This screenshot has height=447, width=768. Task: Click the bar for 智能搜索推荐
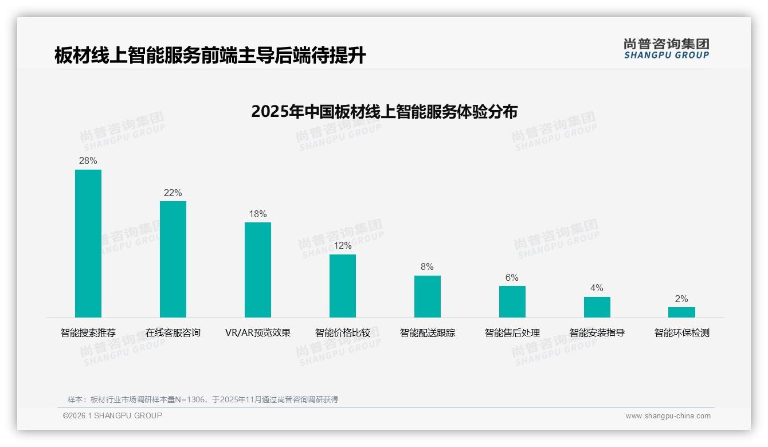click(88, 244)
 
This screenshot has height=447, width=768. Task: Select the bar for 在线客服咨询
click(173, 259)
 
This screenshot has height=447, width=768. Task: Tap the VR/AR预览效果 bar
click(258, 270)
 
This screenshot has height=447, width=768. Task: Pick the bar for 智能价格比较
click(343, 286)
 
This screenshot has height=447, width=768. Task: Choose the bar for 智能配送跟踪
click(428, 296)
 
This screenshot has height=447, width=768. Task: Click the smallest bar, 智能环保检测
click(681, 312)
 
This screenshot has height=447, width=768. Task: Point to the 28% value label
click(88, 161)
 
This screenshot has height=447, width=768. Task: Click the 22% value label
click(173, 193)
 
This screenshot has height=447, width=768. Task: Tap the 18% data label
click(258, 214)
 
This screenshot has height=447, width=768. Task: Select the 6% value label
click(512, 278)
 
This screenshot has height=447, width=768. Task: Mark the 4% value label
click(597, 288)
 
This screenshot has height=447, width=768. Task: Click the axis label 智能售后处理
click(512, 333)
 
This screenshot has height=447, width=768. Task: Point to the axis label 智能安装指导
click(597, 333)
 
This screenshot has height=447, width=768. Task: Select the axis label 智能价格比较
click(343, 333)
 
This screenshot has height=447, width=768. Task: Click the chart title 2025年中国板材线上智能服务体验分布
click(384, 111)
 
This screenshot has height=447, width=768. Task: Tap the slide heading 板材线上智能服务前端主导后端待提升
click(210, 56)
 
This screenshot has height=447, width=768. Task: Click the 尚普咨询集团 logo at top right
click(667, 49)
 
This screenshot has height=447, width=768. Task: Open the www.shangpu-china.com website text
click(668, 416)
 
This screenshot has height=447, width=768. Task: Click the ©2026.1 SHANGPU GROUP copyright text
click(112, 415)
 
